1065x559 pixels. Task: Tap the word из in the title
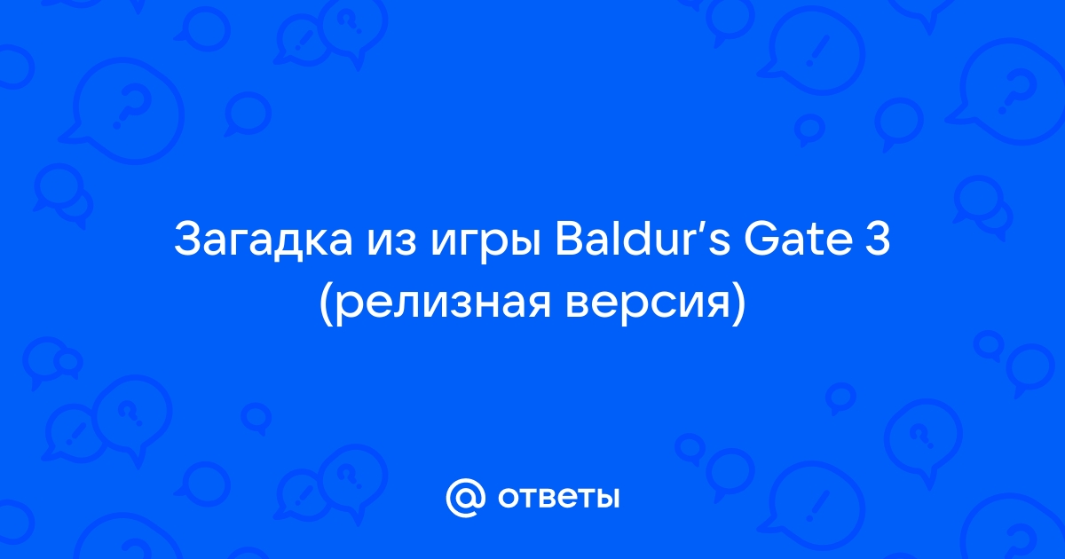pos(391,243)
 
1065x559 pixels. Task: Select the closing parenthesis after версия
pos(738,303)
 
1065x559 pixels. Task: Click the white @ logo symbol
pos(466,498)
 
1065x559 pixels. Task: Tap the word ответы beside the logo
pos(558,498)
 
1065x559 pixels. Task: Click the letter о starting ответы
pos(509,498)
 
